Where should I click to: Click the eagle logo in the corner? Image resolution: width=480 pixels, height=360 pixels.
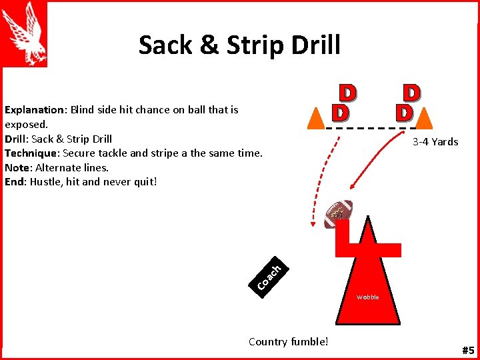tap(25, 33)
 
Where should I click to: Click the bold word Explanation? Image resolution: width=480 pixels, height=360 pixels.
tap(34, 109)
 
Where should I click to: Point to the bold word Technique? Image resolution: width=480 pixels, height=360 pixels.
tap(31, 153)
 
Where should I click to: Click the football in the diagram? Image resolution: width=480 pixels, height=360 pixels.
tap(338, 213)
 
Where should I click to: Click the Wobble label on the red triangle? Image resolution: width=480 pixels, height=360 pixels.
tap(367, 297)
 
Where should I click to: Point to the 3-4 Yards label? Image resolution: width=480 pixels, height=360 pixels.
tap(435, 141)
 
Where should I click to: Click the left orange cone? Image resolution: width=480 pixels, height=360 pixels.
tap(316, 117)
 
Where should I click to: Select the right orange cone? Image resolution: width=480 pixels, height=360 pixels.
tap(424, 117)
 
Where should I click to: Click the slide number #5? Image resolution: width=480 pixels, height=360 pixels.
tap(467, 349)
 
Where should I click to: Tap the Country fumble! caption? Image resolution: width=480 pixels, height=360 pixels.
tap(288, 342)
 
